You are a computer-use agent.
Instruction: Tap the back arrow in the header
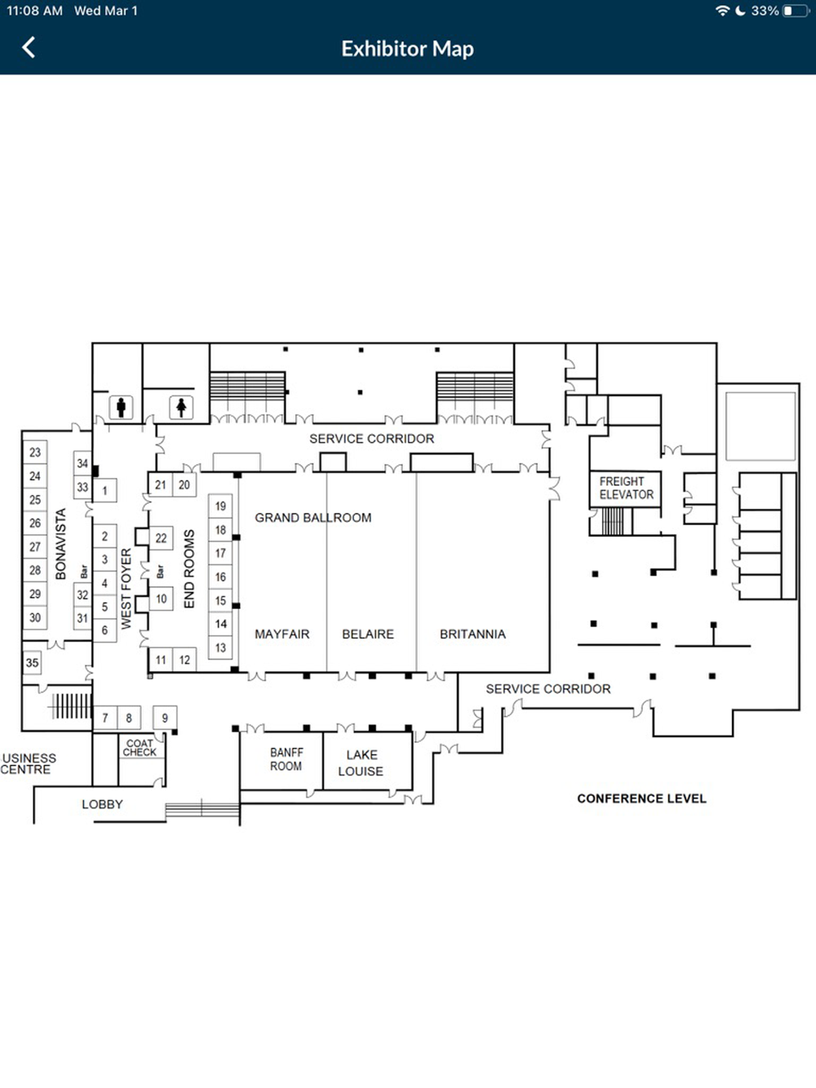pyautogui.click(x=29, y=47)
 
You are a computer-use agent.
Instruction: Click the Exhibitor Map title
pyautogui.click(x=407, y=49)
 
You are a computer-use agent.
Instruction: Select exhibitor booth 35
pyautogui.click(x=32, y=663)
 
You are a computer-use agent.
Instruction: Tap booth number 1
pyautogui.click(x=104, y=491)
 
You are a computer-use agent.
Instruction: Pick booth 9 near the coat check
pyautogui.click(x=165, y=717)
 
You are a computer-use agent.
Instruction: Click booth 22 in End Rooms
pyautogui.click(x=161, y=537)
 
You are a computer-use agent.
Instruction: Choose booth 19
pyautogui.click(x=220, y=506)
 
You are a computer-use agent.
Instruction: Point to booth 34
pyautogui.click(x=82, y=463)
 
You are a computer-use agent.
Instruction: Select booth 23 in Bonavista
pyautogui.click(x=35, y=452)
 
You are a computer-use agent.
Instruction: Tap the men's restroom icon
pyautogui.click(x=121, y=408)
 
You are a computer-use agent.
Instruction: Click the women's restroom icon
pyautogui.click(x=181, y=408)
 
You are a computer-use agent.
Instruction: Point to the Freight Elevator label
pyautogui.click(x=626, y=489)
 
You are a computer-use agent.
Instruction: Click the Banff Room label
pyautogui.click(x=286, y=759)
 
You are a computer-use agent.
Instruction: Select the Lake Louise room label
pyautogui.click(x=361, y=763)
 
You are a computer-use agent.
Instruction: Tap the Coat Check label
pyautogui.click(x=140, y=747)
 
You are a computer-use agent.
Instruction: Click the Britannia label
pyautogui.click(x=473, y=634)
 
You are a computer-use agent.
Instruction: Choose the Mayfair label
pyautogui.click(x=282, y=634)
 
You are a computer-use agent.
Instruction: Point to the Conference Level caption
pyautogui.click(x=641, y=798)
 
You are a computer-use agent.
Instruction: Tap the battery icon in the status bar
pyautogui.click(x=796, y=11)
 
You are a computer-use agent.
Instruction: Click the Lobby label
pyautogui.click(x=102, y=804)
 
